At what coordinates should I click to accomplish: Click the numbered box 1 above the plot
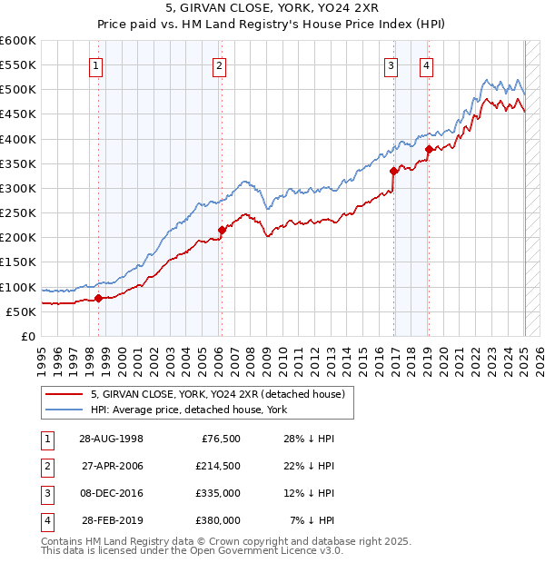coord(96,65)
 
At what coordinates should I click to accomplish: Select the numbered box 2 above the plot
coord(220,65)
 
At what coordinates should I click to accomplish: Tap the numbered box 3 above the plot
coord(391,65)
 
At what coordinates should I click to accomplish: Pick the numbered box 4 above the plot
coord(426,65)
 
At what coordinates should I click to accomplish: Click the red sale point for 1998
coord(98,298)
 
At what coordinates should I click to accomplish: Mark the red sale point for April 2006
coord(221,230)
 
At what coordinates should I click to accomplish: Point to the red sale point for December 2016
coord(393,171)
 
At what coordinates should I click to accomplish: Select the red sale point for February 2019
coord(429,149)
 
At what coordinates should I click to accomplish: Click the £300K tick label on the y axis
coord(17,189)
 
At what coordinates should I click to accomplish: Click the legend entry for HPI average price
coord(188,410)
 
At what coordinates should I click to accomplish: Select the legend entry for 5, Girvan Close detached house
coord(217,395)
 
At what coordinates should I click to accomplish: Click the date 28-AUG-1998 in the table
coord(112,439)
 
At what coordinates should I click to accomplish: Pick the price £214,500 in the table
coord(217,466)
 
